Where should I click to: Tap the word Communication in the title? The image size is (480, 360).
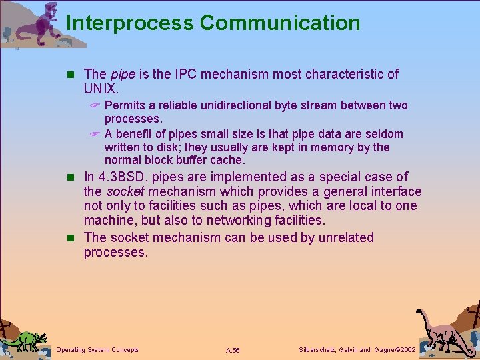280,23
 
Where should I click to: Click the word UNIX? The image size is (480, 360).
101,88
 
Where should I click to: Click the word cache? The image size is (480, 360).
229,161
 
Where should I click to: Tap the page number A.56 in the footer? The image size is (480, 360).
233,350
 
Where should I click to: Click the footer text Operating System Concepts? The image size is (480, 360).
98,349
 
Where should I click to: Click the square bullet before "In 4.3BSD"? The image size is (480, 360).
74,177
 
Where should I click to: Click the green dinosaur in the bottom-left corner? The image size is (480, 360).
24,340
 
